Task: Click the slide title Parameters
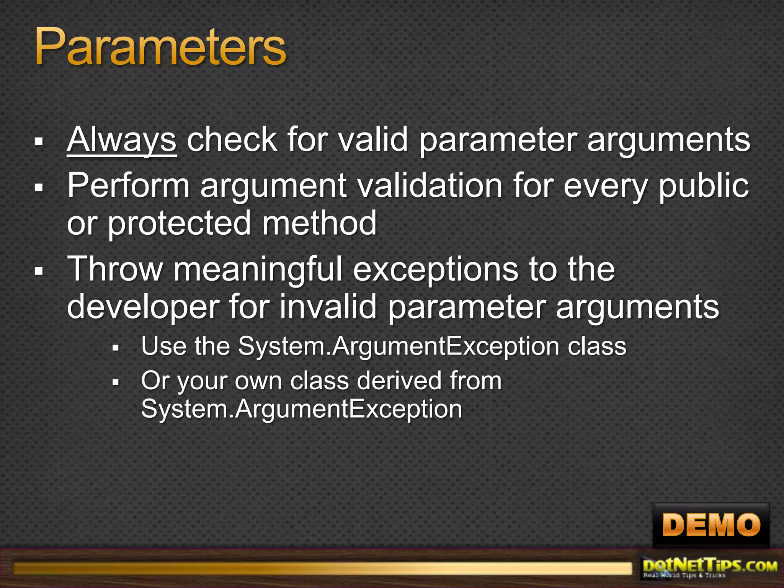[x=160, y=47]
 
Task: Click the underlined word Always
[x=121, y=140]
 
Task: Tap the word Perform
[x=129, y=186]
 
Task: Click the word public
[x=704, y=186]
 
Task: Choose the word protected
[x=179, y=224]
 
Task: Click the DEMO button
[x=711, y=525]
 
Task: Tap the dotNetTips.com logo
[x=710, y=568]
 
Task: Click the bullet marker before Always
[x=38, y=142]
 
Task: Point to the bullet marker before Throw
[x=38, y=271]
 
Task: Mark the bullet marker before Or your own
[x=116, y=382]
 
